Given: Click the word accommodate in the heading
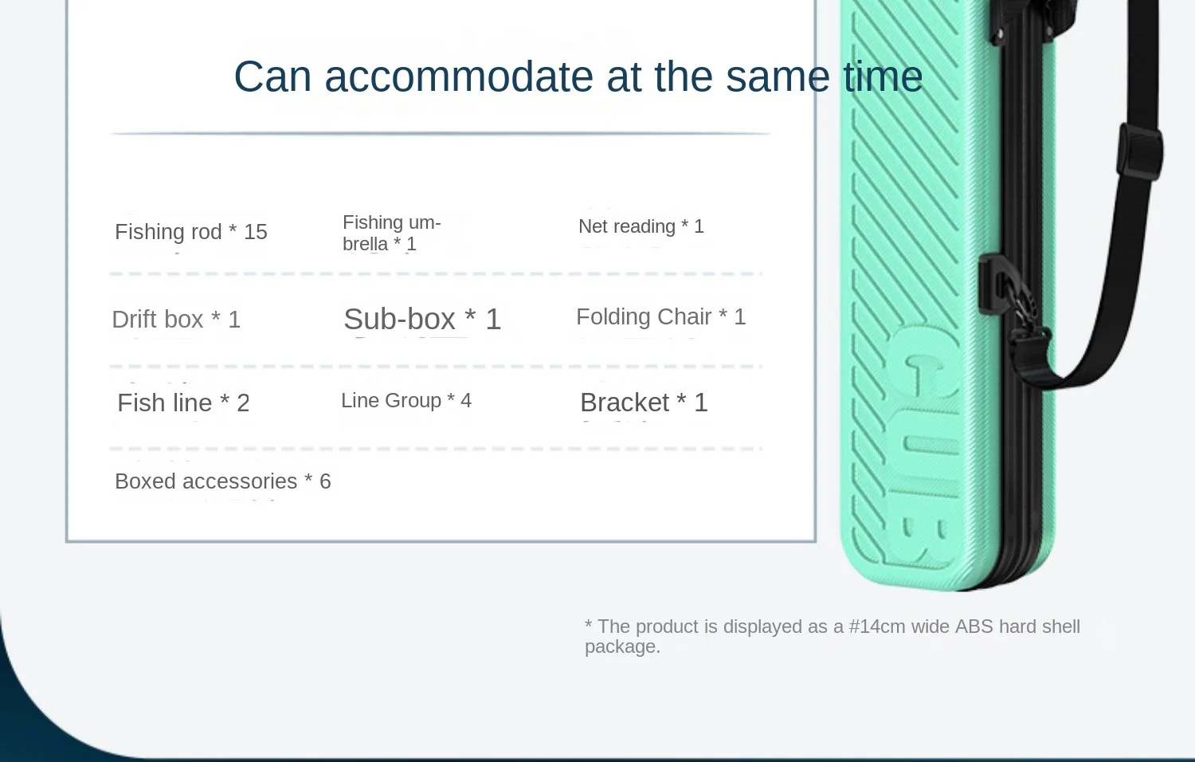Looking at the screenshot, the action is click(x=459, y=77).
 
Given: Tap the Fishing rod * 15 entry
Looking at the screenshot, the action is click(x=191, y=232).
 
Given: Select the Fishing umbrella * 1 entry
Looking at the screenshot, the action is click(x=392, y=233).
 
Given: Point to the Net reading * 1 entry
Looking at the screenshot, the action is click(x=641, y=226).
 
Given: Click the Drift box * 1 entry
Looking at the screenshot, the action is click(x=176, y=319).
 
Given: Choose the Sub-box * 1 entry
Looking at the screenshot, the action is click(x=422, y=319).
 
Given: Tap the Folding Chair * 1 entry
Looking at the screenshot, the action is click(x=661, y=316).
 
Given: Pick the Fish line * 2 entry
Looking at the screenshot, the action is click(x=183, y=403).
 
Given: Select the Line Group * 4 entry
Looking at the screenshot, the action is click(x=406, y=400).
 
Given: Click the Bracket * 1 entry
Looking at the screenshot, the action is click(x=644, y=402).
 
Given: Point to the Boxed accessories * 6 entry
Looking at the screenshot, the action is click(x=223, y=481).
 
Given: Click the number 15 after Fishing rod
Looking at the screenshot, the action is click(x=256, y=232).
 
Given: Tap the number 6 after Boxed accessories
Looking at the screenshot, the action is click(x=325, y=481).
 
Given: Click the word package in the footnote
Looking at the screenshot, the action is click(x=622, y=646).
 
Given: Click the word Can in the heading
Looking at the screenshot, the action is click(x=272, y=77).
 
